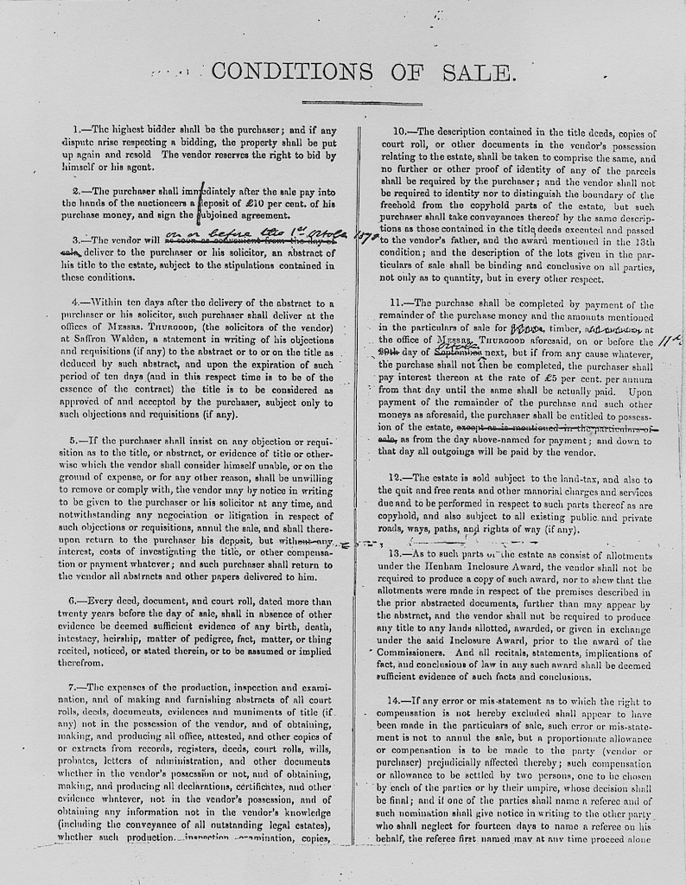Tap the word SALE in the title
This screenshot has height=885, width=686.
(x=479, y=72)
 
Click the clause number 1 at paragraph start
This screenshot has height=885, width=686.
(x=76, y=128)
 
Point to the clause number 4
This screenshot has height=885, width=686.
(x=76, y=302)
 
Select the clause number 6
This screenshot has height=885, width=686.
(x=75, y=601)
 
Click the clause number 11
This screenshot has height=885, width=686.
(x=397, y=302)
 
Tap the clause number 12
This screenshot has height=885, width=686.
(x=397, y=477)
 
